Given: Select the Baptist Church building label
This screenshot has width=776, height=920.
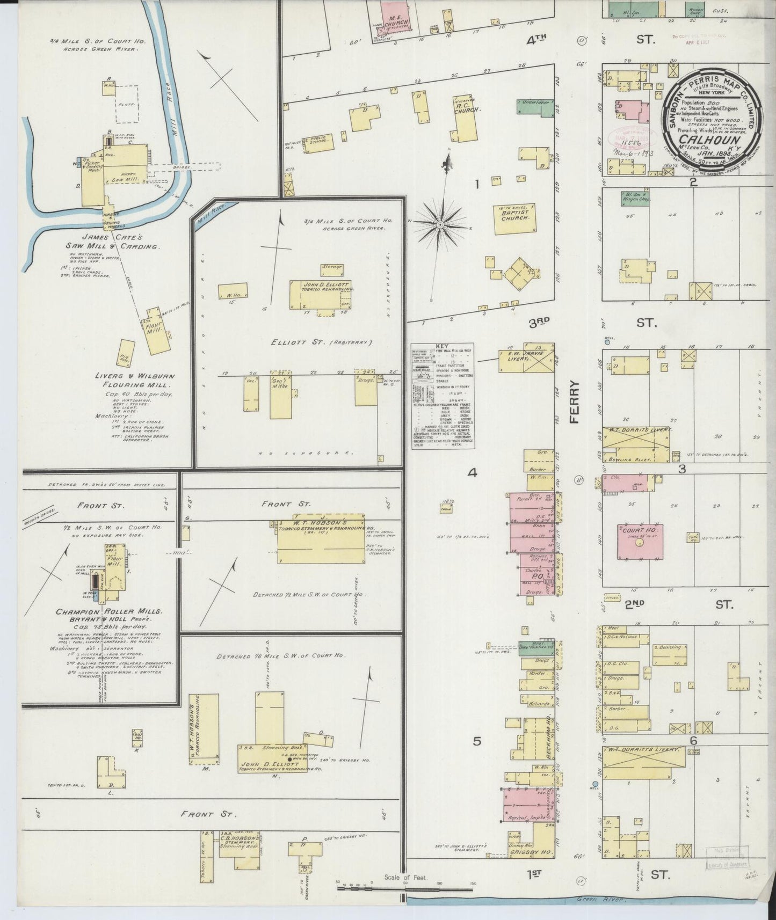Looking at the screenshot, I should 515,215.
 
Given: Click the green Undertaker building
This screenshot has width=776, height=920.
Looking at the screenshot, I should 534,106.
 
